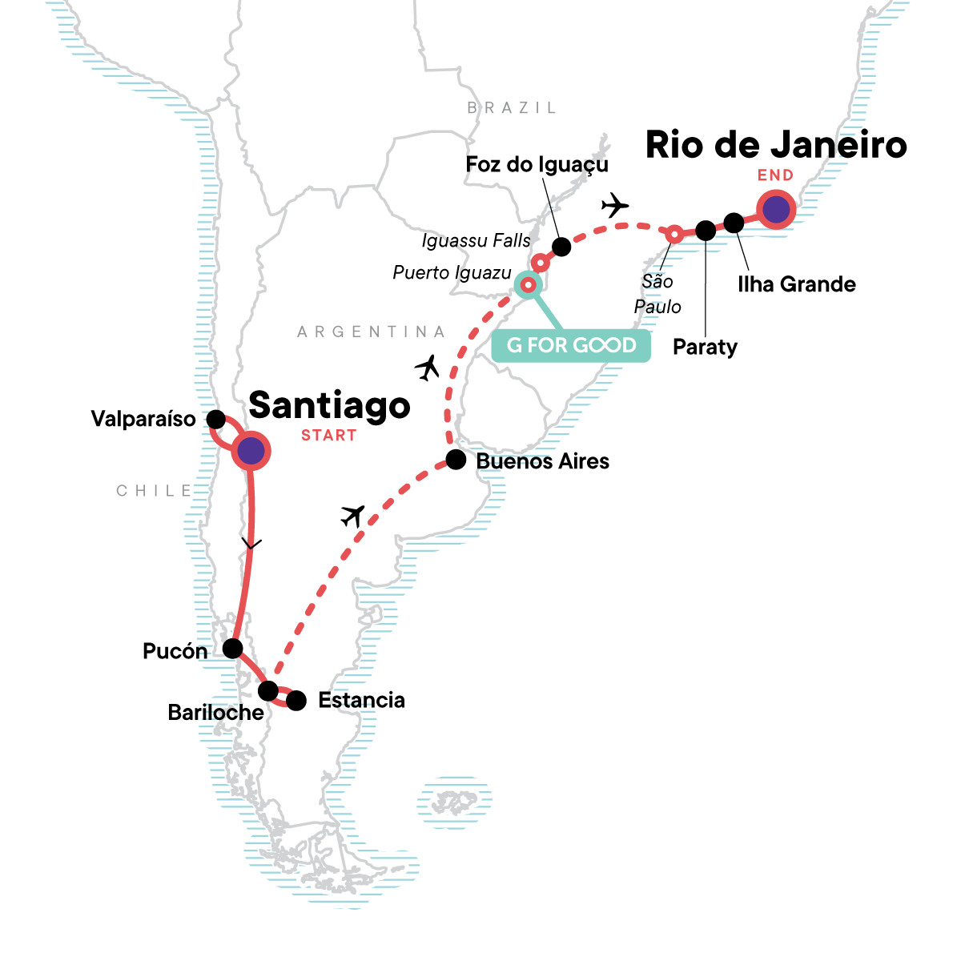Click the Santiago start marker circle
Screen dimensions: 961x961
click(x=251, y=452)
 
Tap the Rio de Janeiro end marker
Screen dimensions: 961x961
click(x=775, y=210)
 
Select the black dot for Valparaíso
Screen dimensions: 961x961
click(x=215, y=419)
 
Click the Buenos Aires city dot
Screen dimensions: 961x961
click(x=455, y=460)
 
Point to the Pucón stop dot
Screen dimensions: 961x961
click(x=232, y=648)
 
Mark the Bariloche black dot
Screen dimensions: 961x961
click(x=268, y=690)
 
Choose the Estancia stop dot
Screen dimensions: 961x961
click(x=296, y=701)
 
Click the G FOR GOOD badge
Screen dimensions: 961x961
click(x=571, y=345)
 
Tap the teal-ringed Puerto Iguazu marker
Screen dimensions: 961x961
click(x=528, y=284)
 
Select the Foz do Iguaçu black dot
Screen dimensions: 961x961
click(x=561, y=247)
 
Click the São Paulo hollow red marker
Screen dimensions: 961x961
click(x=674, y=234)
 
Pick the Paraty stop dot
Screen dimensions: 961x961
click(x=706, y=231)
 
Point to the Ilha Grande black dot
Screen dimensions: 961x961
click(x=734, y=223)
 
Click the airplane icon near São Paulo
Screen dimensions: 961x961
click(x=615, y=205)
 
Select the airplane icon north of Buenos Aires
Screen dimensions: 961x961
click(x=428, y=368)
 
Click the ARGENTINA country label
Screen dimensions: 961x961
click(x=371, y=332)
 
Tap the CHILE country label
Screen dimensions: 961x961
click(x=155, y=491)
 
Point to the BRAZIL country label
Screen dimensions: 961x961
click(x=512, y=107)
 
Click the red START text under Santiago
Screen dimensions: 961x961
click(x=328, y=436)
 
